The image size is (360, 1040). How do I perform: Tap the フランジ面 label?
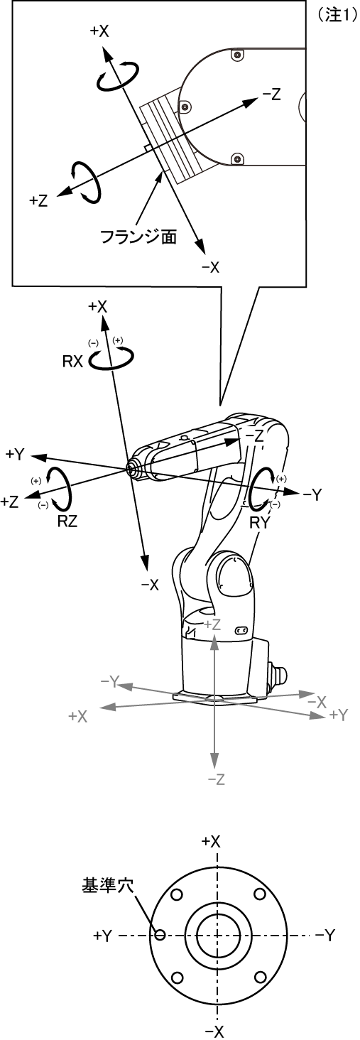tap(138, 237)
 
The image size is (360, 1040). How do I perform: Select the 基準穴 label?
tap(107, 885)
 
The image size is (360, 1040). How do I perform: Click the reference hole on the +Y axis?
tap(160, 935)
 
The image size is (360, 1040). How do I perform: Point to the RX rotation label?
tap(73, 361)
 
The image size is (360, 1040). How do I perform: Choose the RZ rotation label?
tap(67, 521)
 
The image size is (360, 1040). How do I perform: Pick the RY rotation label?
tap(260, 523)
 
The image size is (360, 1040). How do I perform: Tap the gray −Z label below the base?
tap(216, 779)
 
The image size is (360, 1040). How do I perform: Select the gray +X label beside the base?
tap(77, 716)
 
